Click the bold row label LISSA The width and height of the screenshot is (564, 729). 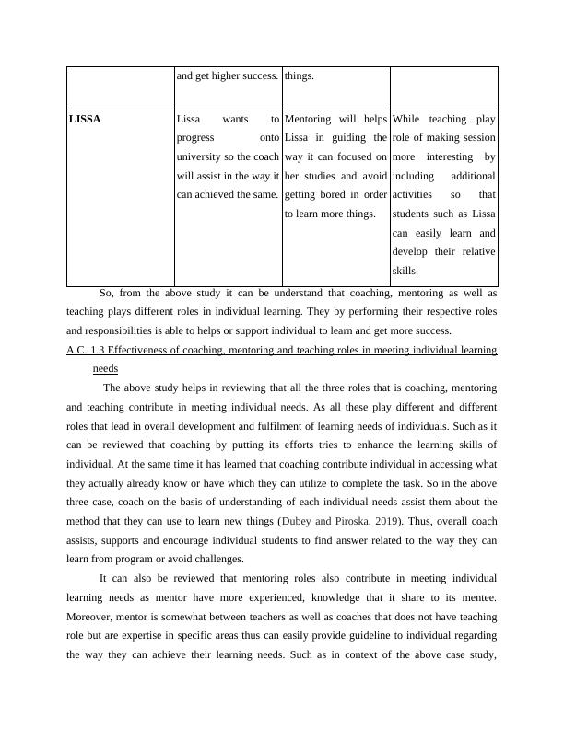click(85, 120)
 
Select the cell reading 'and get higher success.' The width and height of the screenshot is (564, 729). click(227, 75)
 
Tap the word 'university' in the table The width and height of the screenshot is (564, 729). click(201, 157)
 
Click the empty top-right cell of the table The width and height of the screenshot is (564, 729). click(443, 87)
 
